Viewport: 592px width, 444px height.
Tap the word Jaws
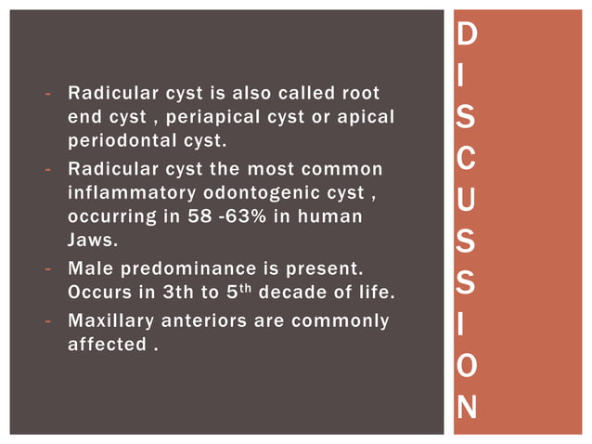[x=93, y=240]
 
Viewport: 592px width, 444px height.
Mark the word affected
[x=104, y=345]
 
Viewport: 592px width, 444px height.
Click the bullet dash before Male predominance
[x=46, y=269]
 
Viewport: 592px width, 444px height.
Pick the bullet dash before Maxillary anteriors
[x=46, y=321]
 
